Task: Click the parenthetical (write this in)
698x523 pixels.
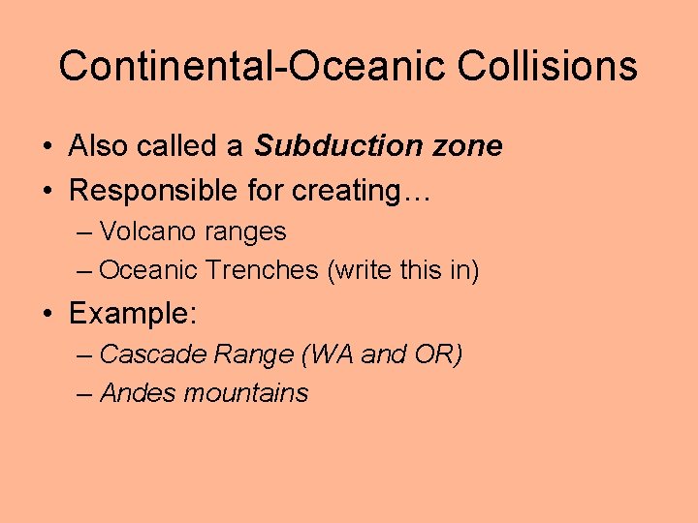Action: coord(403,270)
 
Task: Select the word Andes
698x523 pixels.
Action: coord(138,393)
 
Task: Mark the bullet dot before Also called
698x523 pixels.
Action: coord(46,147)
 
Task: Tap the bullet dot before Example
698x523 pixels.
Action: coord(46,315)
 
